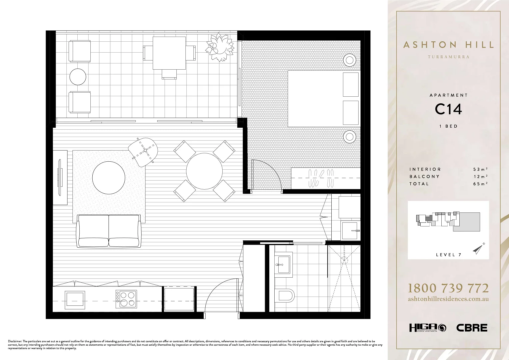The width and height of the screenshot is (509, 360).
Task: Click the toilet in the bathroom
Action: (x=286, y=295)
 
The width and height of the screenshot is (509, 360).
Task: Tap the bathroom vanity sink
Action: (x=284, y=264)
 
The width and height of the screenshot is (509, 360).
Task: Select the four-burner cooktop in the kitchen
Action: (x=126, y=299)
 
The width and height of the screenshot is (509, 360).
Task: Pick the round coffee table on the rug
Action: (x=109, y=178)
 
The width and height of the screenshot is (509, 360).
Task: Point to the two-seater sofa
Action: (x=109, y=231)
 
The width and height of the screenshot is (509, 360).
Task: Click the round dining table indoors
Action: (x=204, y=171)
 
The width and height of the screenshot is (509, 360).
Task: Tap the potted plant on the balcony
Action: (x=220, y=47)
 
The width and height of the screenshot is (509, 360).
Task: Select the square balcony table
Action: (x=169, y=53)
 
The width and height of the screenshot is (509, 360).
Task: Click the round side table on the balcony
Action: (x=78, y=77)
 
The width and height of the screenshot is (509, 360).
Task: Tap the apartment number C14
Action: (x=448, y=109)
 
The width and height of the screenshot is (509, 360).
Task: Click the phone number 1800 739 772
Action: (x=448, y=288)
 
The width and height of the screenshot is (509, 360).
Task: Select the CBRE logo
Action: (x=472, y=328)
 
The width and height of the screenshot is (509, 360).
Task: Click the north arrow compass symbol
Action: (x=478, y=248)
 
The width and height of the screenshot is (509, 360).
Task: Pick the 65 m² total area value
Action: (x=480, y=184)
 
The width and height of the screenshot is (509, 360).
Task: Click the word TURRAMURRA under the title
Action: (x=448, y=57)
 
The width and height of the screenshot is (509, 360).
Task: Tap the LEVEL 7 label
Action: (x=448, y=255)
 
